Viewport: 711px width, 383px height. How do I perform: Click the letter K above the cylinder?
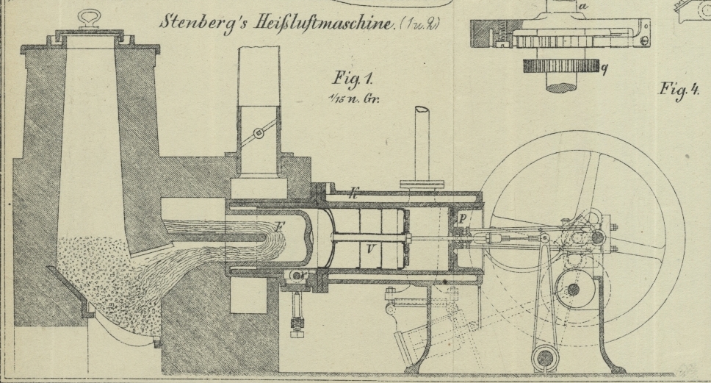(x=353, y=195)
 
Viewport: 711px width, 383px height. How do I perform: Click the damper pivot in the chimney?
(x=257, y=134)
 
